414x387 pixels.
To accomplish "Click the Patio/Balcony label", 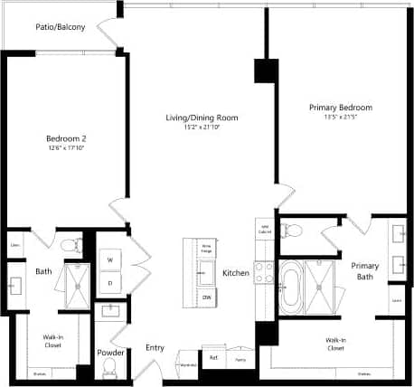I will click(61, 27).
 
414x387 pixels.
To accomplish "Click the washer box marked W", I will click(110, 260).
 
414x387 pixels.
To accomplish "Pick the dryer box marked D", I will click(110, 283).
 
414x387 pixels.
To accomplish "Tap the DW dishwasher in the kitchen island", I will click(207, 297).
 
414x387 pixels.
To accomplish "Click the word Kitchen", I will click(236, 273).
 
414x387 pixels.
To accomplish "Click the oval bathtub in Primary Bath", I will click(290, 287).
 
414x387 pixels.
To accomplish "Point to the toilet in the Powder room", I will click(109, 367).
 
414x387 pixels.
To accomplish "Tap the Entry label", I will click(155, 348).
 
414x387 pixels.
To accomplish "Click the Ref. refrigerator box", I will click(214, 358).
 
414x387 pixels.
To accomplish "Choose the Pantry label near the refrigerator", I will click(240, 360).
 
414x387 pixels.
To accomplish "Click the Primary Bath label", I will click(365, 271).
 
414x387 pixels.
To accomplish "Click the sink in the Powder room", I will click(111, 312).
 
